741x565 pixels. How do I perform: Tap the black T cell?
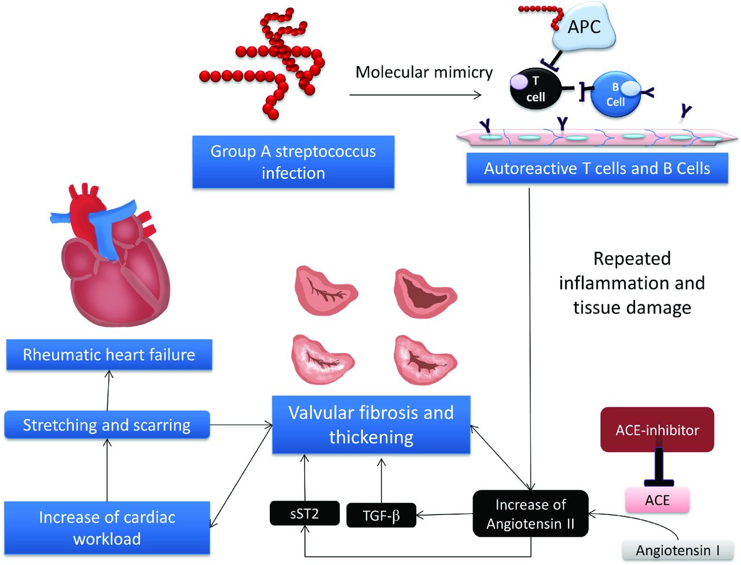(535, 89)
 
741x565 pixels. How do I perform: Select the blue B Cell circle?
(615, 94)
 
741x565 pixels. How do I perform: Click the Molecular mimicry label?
(424, 72)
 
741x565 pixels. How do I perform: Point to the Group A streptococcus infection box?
(294, 162)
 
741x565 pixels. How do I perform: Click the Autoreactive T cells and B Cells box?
(597, 168)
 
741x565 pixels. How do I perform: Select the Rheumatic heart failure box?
(109, 355)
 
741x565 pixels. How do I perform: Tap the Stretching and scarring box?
(107, 424)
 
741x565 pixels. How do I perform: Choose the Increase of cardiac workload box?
(107, 528)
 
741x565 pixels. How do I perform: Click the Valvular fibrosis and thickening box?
(371, 424)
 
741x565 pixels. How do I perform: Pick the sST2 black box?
(305, 513)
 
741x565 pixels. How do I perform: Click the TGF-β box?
(381, 515)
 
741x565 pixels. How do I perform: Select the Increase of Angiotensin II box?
(530, 513)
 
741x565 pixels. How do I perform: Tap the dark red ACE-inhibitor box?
(657, 430)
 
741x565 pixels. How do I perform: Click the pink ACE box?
(657, 500)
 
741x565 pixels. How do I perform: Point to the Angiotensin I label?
(678, 551)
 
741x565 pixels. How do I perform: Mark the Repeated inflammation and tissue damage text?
(632, 283)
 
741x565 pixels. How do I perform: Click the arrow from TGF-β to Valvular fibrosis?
(381, 480)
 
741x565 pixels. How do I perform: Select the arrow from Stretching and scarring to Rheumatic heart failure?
(108, 391)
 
